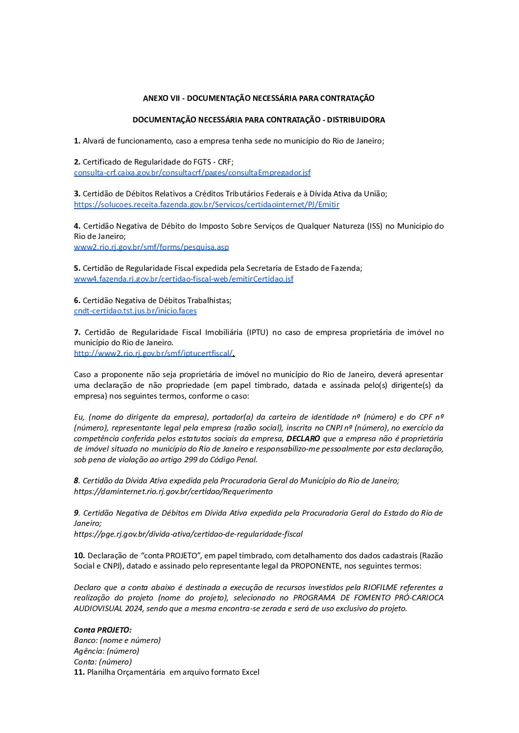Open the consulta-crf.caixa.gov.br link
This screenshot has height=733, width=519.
[192, 173]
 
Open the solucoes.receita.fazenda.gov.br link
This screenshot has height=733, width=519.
[206, 205]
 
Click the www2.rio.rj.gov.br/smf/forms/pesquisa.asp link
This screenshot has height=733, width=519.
[151, 247]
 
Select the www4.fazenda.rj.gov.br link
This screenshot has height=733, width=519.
[184, 279]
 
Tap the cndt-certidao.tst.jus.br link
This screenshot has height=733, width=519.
[135, 311]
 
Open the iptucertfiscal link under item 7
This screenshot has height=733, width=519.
[153, 354]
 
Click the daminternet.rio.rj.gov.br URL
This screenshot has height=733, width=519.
[173, 492]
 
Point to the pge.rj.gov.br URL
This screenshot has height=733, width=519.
[188, 534]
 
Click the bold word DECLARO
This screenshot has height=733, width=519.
[303, 439]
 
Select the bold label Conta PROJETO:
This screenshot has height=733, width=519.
[103, 630]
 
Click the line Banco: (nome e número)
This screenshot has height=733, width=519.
[117, 640]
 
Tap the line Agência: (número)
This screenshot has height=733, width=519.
[106, 651]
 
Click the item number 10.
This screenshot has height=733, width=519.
[79, 556]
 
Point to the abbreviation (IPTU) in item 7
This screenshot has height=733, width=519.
[257, 332]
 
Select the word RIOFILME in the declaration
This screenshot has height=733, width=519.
[380, 588]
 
